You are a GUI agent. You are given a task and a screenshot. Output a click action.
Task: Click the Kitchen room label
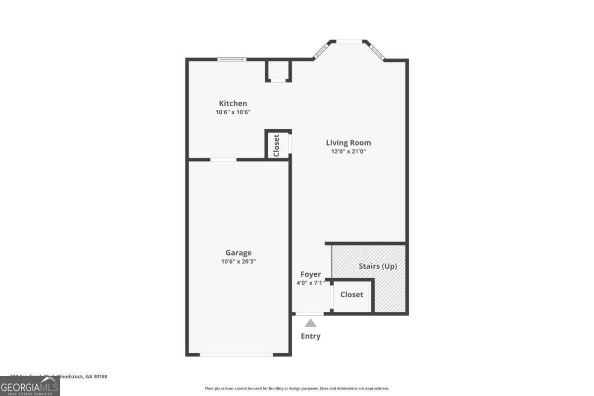click(x=233, y=103)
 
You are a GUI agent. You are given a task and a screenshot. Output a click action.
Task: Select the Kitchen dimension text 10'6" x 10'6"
click(x=233, y=112)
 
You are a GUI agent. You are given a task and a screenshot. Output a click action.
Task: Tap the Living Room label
click(x=348, y=143)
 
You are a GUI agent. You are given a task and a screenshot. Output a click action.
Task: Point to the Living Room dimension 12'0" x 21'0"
click(x=348, y=151)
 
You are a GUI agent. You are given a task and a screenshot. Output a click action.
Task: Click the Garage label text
click(x=238, y=252)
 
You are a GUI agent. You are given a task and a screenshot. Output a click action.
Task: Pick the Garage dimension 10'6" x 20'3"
click(x=238, y=261)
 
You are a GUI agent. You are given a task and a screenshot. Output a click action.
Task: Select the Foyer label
click(x=310, y=274)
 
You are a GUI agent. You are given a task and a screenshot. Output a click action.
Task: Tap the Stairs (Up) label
click(x=378, y=266)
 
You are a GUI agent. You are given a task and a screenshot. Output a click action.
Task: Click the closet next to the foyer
click(x=351, y=295)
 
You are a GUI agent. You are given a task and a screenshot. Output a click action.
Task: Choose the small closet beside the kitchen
click(x=277, y=145)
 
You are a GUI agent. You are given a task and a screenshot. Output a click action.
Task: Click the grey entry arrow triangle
click(x=310, y=323)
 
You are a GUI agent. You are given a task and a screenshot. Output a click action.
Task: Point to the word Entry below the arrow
click(x=310, y=336)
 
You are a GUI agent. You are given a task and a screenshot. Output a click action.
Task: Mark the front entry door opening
click(x=310, y=313)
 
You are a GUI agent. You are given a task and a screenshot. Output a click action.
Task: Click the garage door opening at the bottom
click(x=236, y=354)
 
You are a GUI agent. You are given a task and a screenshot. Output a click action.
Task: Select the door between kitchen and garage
click(x=223, y=159)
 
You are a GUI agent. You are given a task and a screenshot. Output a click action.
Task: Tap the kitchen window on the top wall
click(x=232, y=59)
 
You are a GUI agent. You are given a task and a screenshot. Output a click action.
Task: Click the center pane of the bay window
click(x=349, y=42)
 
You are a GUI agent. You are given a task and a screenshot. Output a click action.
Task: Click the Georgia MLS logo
click(x=30, y=386)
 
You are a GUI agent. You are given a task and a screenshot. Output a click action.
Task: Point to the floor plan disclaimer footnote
click(x=297, y=389)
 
